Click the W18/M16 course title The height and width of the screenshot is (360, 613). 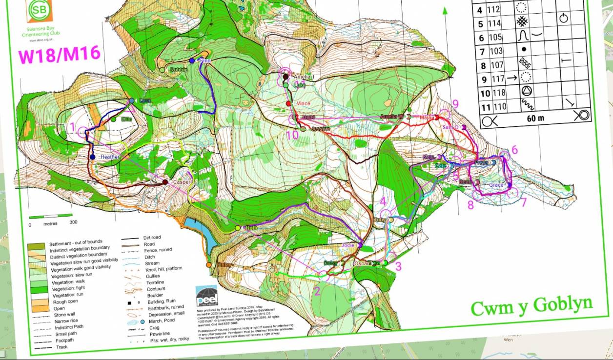[x=59, y=55]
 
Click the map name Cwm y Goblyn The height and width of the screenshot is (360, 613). [x=531, y=306]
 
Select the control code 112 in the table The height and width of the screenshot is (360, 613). [x=494, y=9]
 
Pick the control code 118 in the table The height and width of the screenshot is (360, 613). [x=498, y=93]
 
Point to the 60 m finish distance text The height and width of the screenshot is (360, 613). [x=535, y=118]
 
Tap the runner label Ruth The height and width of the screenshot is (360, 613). [x=251, y=228]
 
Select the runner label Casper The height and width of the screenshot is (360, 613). [x=182, y=182]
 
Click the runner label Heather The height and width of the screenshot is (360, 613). [x=110, y=157]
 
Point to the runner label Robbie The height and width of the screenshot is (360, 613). [x=179, y=70]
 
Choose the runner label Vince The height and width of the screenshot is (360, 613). [x=303, y=103]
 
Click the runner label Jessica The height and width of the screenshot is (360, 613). [x=321, y=129]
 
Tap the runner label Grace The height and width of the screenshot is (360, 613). [x=496, y=185]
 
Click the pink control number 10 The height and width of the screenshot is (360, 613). [x=292, y=135]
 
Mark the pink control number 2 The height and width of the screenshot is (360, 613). [x=317, y=292]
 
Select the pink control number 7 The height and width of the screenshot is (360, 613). [x=524, y=201]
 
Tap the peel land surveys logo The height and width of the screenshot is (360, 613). [x=206, y=296]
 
